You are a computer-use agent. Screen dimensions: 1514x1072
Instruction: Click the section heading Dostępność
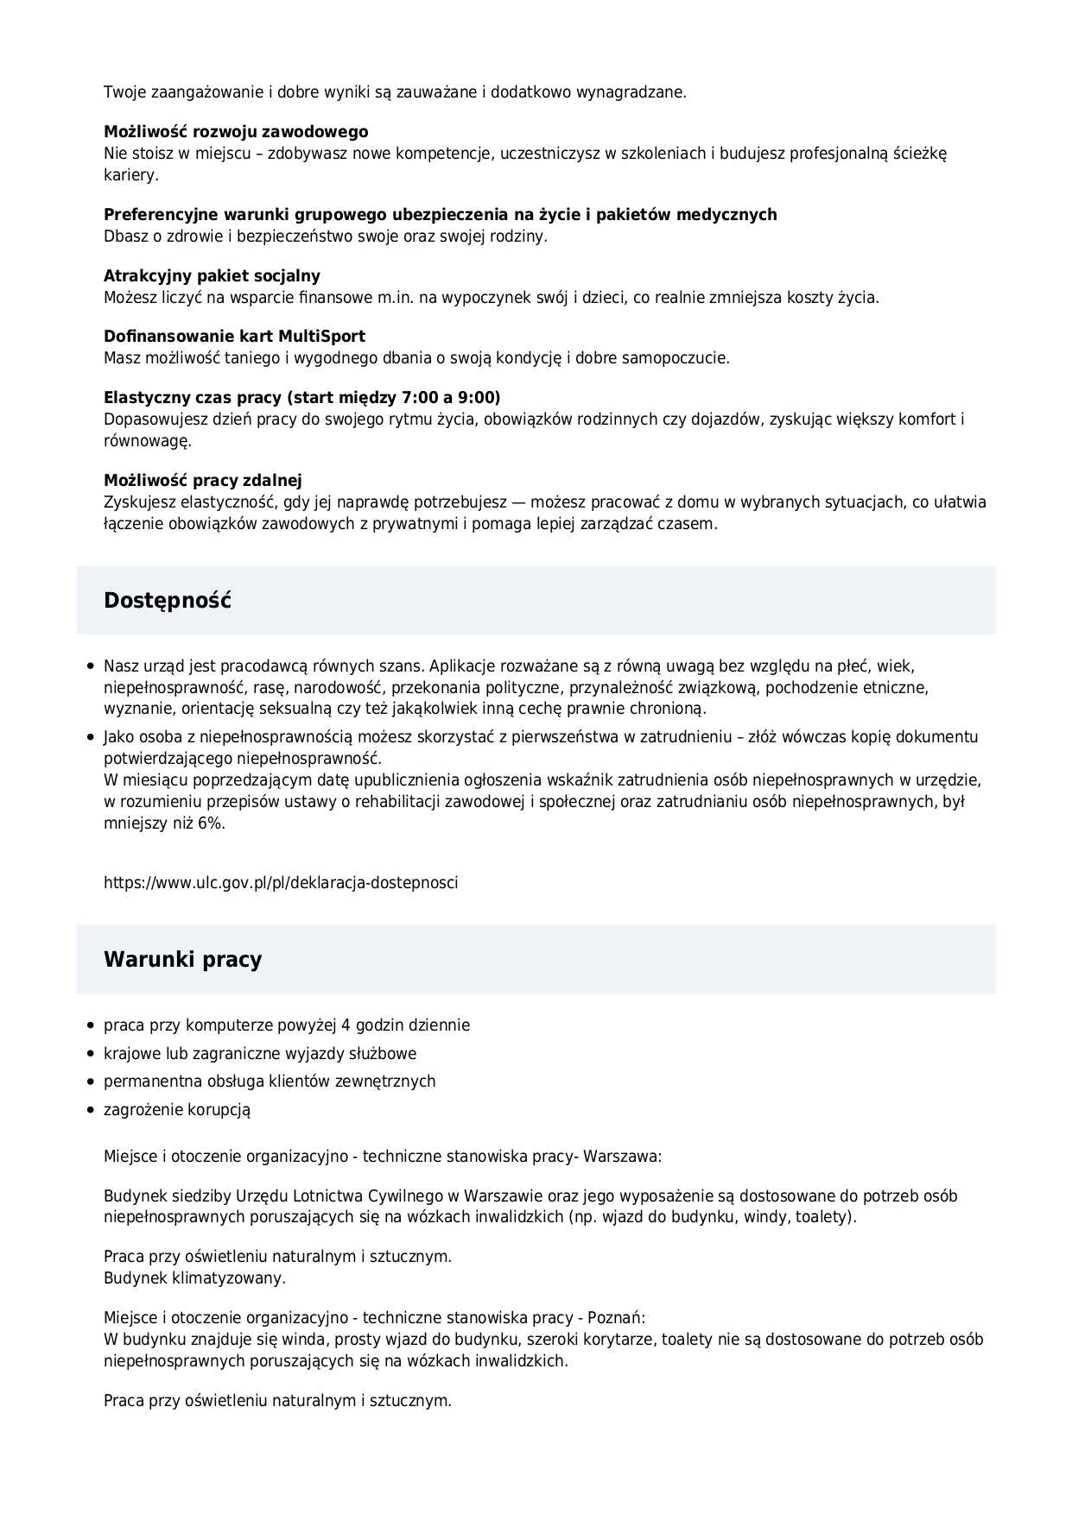coord(168,601)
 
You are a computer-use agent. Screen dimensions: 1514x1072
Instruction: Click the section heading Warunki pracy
coord(182,960)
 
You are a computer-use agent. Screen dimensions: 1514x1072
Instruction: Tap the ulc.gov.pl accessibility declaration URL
coord(281,883)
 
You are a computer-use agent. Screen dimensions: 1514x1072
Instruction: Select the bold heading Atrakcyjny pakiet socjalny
coord(212,276)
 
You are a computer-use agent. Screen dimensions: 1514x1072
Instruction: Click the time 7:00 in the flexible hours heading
coord(421,398)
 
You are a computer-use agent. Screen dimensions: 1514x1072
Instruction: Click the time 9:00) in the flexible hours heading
coord(479,398)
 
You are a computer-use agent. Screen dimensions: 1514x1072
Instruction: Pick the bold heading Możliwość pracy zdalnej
coord(203,481)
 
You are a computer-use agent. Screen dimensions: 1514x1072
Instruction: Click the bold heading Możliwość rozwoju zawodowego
coord(236,132)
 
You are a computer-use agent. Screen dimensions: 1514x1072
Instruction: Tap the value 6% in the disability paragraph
coord(210,823)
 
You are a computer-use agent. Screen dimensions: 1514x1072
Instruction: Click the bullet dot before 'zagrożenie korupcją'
coord(91,1110)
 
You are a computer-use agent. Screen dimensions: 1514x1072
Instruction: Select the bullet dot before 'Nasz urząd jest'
coord(91,667)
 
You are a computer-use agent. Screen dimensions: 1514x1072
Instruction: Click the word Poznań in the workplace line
coord(616,1318)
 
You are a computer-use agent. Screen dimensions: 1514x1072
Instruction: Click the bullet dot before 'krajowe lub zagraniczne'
coord(91,1054)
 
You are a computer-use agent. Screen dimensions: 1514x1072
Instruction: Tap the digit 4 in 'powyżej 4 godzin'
coord(346,1025)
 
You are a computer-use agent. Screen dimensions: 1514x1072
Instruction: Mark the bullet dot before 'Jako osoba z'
coord(91,738)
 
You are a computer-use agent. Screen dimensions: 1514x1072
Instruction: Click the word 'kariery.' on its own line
coord(131,174)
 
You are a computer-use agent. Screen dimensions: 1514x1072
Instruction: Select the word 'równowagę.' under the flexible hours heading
coord(147,441)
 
